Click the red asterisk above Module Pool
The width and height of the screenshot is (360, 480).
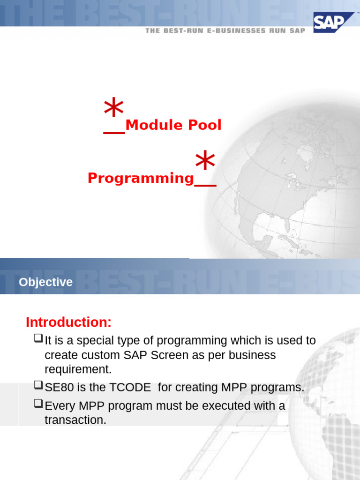tap(114, 108)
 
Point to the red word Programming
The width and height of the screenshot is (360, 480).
tap(141, 178)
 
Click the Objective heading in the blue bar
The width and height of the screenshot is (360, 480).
tap(45, 282)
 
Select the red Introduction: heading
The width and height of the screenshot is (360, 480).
tap(68, 322)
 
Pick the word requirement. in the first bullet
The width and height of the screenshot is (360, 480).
tap(78, 369)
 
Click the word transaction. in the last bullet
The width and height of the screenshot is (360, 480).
tap(75, 420)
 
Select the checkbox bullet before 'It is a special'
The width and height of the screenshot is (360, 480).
tap(38, 339)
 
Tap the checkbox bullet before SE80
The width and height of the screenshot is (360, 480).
tap(38, 386)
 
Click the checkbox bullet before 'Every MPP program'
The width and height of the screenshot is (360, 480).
tap(38, 405)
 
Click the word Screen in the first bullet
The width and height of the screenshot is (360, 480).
tap(168, 355)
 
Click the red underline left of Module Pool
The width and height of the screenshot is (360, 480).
tap(114, 134)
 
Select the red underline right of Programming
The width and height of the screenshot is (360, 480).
tap(205, 186)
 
